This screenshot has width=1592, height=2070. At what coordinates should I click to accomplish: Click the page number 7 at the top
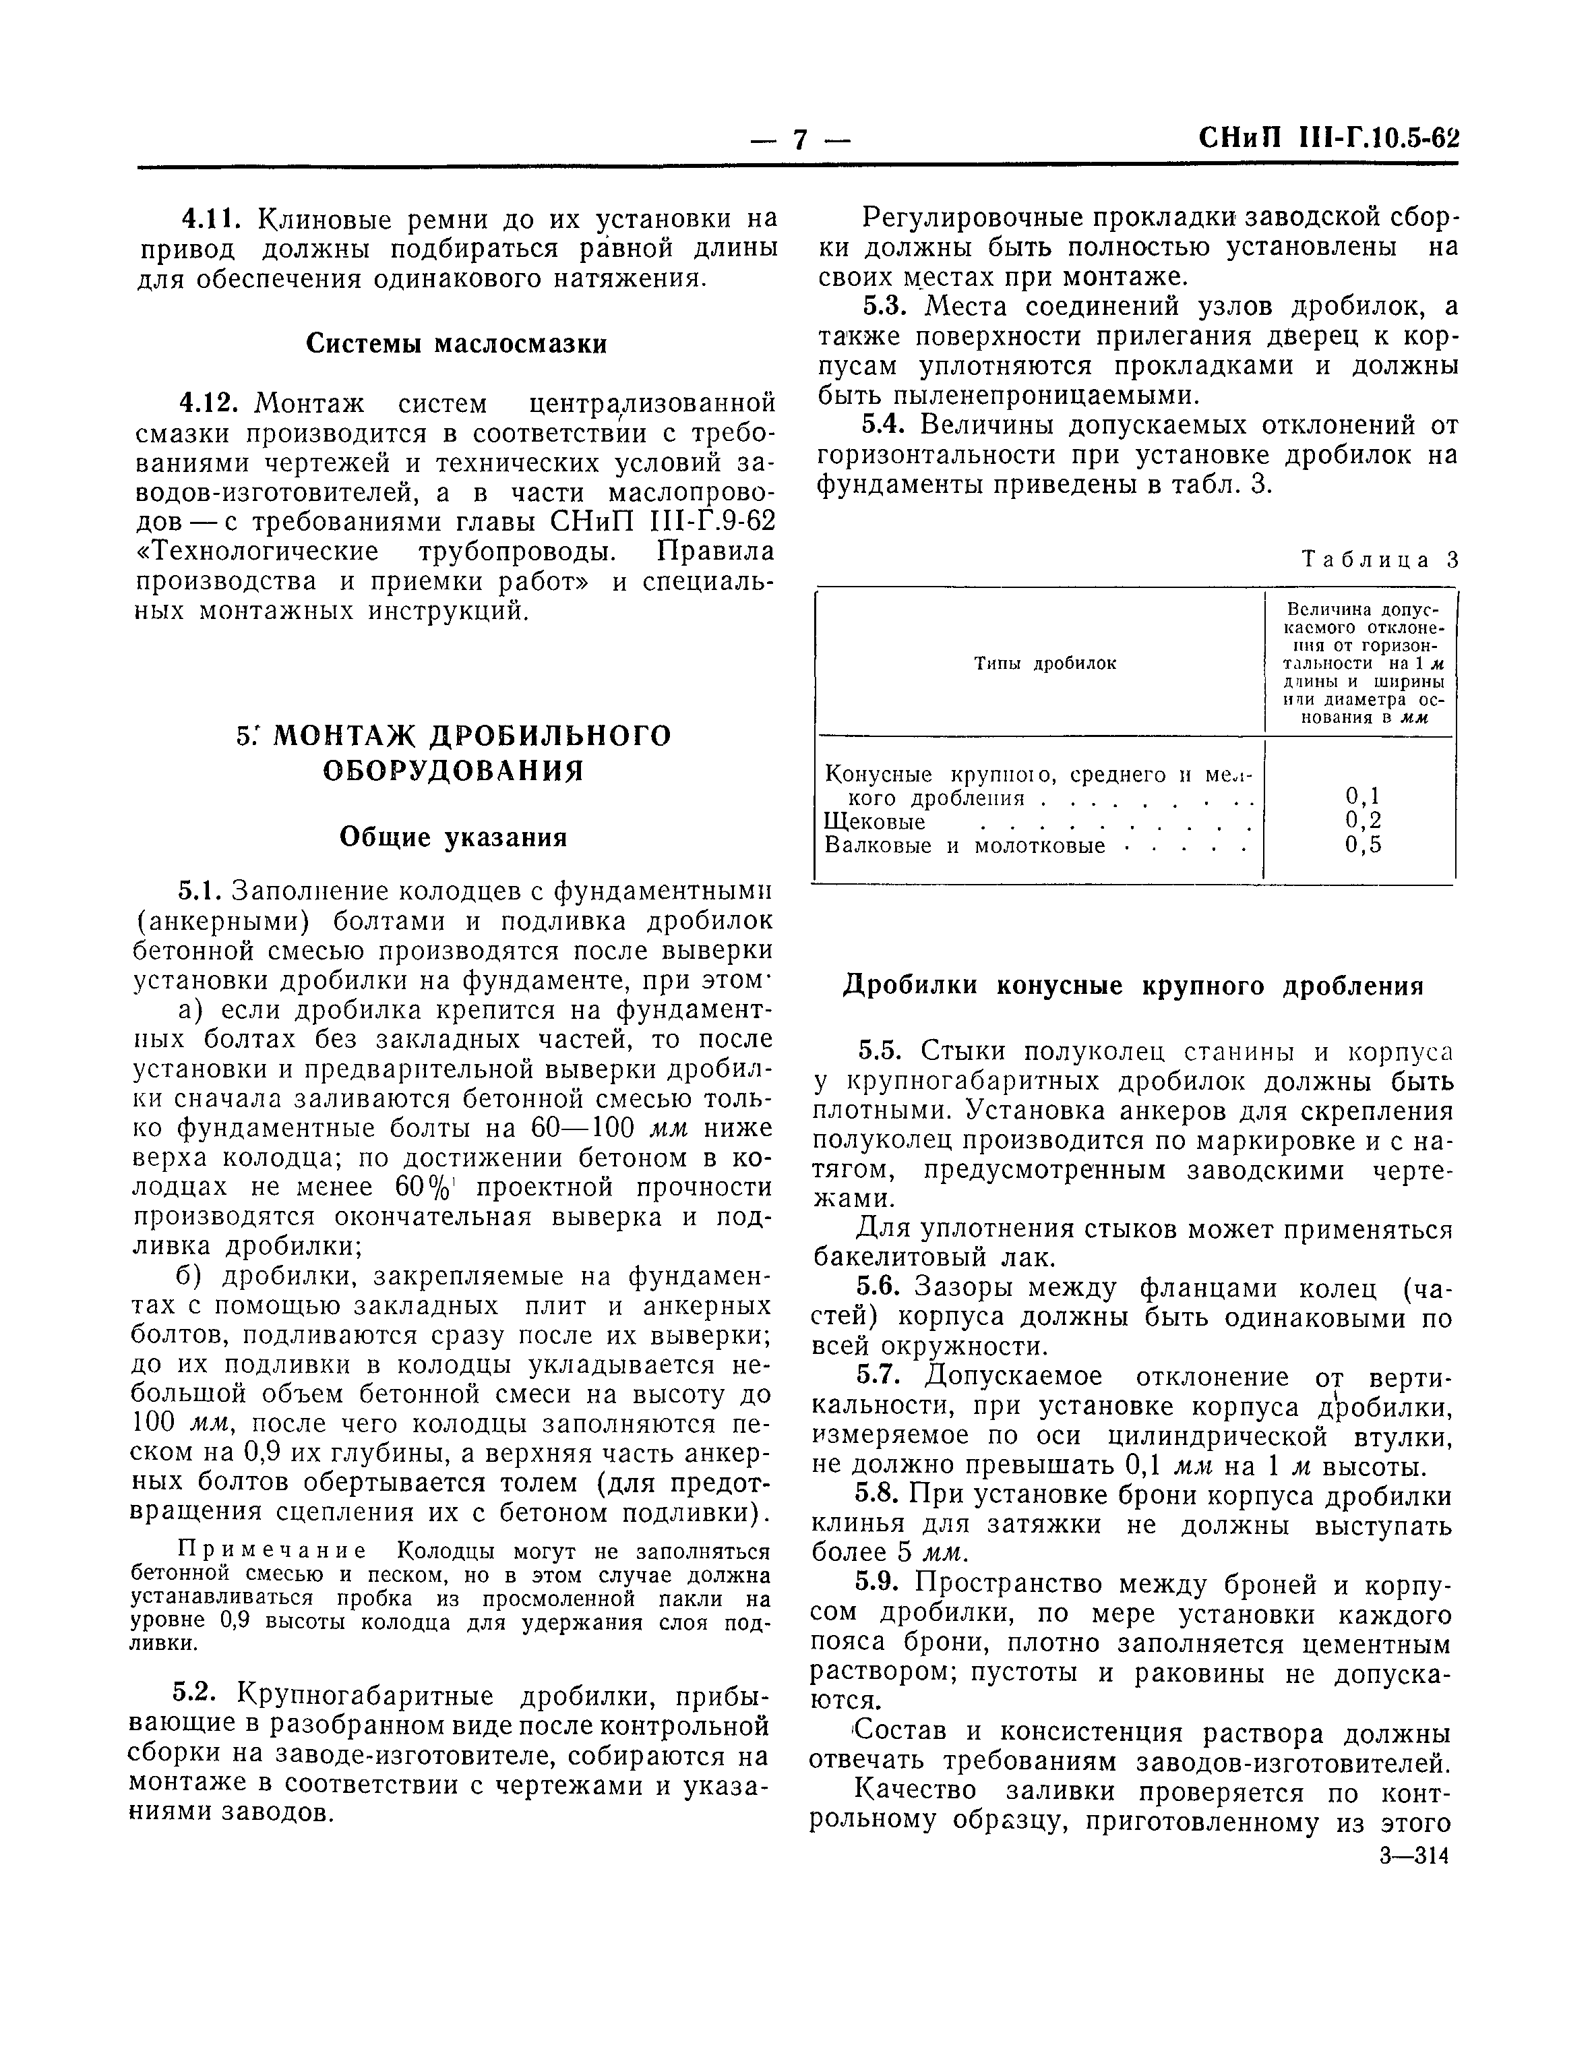(x=801, y=141)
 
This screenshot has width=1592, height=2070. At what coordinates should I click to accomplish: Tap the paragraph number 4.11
(x=212, y=220)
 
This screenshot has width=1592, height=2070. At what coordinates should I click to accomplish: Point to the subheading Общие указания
(x=453, y=838)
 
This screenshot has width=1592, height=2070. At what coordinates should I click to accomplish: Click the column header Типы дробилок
(x=1045, y=663)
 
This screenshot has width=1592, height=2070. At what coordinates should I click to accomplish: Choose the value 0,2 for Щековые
(x=1363, y=821)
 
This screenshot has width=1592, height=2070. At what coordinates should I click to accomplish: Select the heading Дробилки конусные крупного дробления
(x=1134, y=986)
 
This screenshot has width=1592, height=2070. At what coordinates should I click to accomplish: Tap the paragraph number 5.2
(x=197, y=1693)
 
